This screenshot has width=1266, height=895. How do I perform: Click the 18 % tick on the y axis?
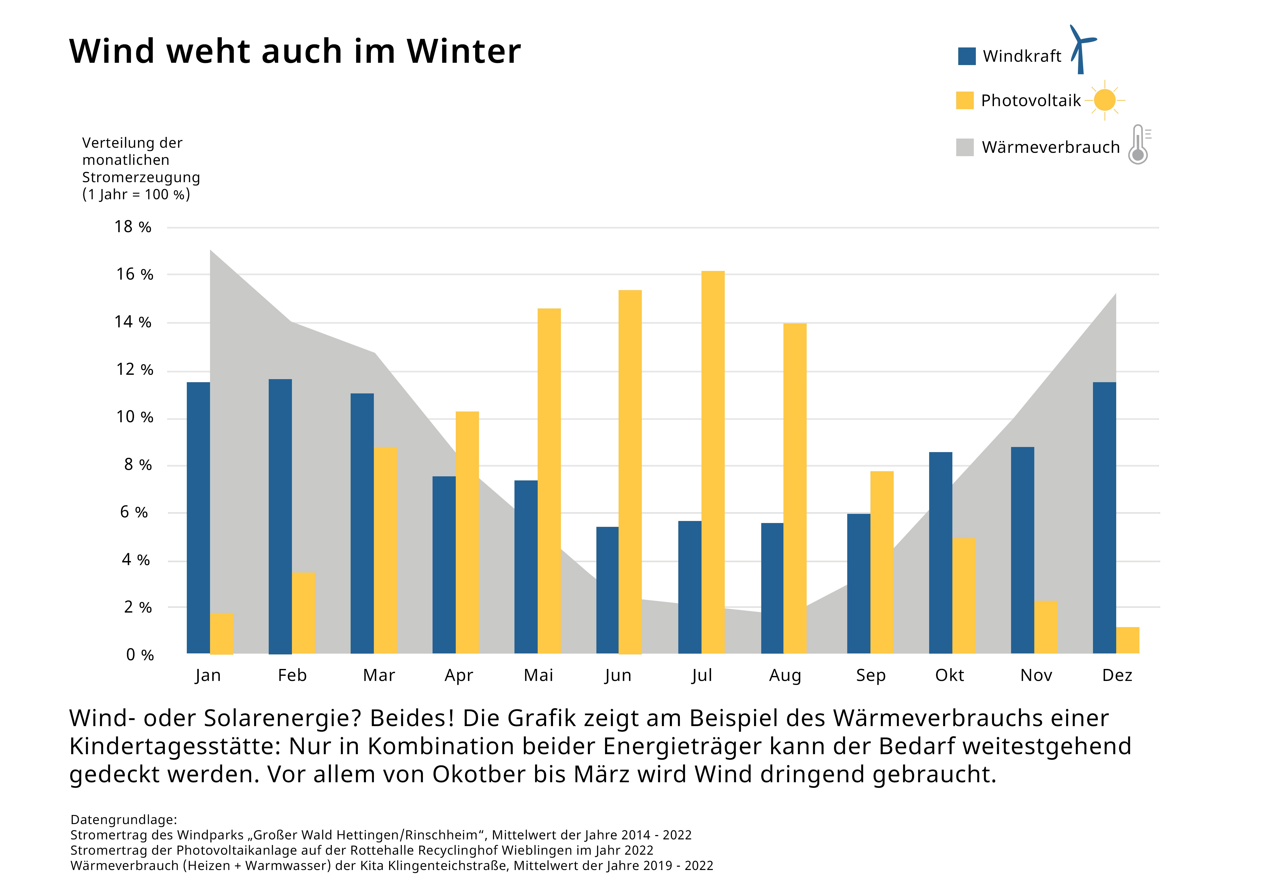[132, 227]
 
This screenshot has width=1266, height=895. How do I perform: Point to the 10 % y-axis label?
[134, 417]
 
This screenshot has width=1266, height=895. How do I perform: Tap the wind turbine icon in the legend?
[1082, 49]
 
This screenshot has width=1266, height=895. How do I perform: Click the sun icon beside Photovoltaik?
[1104, 100]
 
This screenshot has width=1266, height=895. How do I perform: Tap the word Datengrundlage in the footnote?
[124, 819]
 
